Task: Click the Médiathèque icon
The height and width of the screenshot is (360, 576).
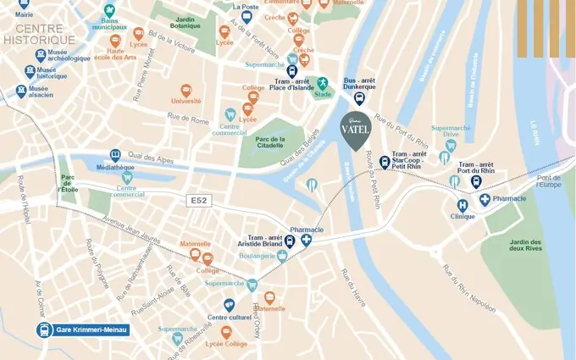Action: pos(115,155)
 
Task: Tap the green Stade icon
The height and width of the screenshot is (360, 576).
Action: pos(322,83)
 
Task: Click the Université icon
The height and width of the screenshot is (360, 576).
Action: pos(186,90)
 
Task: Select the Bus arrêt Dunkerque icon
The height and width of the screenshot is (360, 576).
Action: pos(359,97)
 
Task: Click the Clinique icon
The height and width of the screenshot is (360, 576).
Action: pos(462,205)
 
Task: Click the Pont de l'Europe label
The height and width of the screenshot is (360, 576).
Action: pos(549,180)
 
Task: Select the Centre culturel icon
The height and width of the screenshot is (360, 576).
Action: pos(229,305)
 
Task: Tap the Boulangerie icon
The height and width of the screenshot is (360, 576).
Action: pos(282,256)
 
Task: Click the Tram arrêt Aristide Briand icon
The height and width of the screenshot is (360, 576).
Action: pos(290,241)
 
